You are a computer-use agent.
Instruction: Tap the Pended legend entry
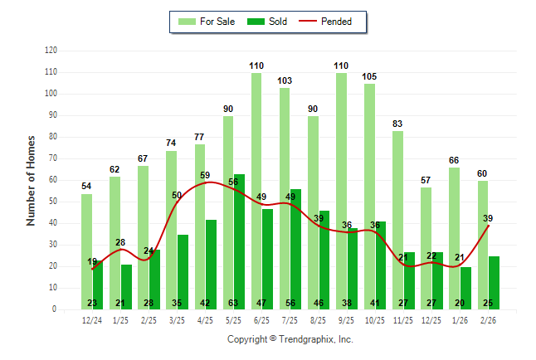click(x=336, y=22)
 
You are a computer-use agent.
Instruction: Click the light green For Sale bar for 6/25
click(x=256, y=191)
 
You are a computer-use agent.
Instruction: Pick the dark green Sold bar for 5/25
click(x=240, y=241)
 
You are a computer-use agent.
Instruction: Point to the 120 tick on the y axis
click(x=51, y=51)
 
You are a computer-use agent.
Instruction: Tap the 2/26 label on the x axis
click(x=489, y=320)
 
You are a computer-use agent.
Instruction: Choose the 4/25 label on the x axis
click(x=206, y=320)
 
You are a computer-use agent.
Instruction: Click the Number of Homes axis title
click(x=31, y=180)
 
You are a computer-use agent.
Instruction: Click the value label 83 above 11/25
click(x=398, y=124)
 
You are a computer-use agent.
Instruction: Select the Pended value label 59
click(x=205, y=175)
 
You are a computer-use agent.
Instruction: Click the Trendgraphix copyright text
click(x=290, y=339)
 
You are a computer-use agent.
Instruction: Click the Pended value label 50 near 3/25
click(x=177, y=195)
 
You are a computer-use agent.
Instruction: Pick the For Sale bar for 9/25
click(x=341, y=191)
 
